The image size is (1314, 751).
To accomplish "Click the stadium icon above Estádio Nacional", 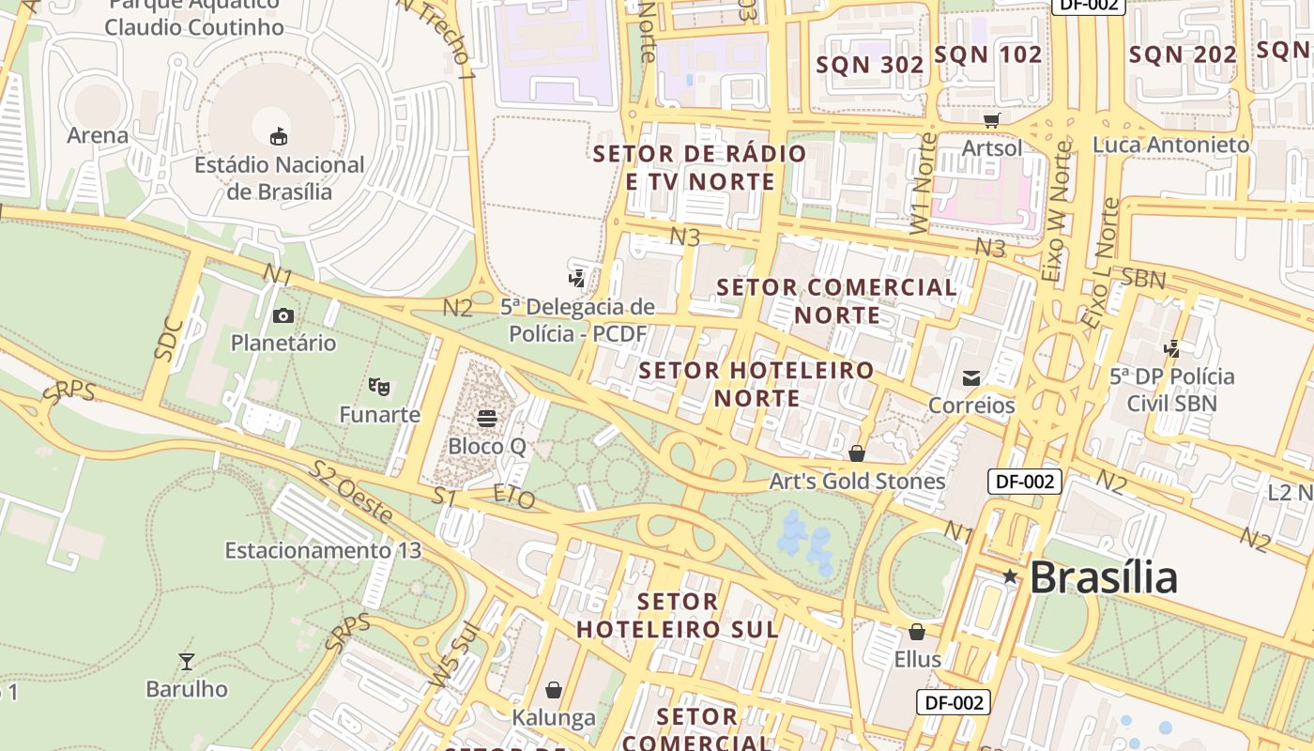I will point(279,137).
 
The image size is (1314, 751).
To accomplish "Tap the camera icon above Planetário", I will point(283,315).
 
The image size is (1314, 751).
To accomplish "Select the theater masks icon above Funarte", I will point(379,386).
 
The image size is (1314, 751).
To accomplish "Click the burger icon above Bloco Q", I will point(486,417).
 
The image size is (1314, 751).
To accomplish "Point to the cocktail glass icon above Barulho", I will point(187,662).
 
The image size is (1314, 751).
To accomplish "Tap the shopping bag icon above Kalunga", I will point(554,691).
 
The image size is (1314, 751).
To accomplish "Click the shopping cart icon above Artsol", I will point(992,120).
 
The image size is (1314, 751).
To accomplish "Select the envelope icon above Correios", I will point(971,378).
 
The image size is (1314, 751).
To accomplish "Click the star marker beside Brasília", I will point(1010,576).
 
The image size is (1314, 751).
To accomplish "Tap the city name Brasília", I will point(1103,577).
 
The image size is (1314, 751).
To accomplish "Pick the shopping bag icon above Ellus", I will point(917,632).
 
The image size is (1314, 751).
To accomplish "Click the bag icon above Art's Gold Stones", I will point(857,453).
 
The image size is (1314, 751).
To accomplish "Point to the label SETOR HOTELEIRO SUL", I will point(678,615).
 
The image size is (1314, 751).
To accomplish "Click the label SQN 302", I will point(870,65).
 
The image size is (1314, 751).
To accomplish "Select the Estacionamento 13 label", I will point(323,550).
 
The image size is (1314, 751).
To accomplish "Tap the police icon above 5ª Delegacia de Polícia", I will point(577,278).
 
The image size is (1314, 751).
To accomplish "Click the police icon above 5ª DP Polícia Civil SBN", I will point(1171,349).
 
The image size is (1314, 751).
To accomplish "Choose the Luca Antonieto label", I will point(1170,145).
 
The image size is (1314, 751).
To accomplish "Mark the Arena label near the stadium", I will point(98,135).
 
